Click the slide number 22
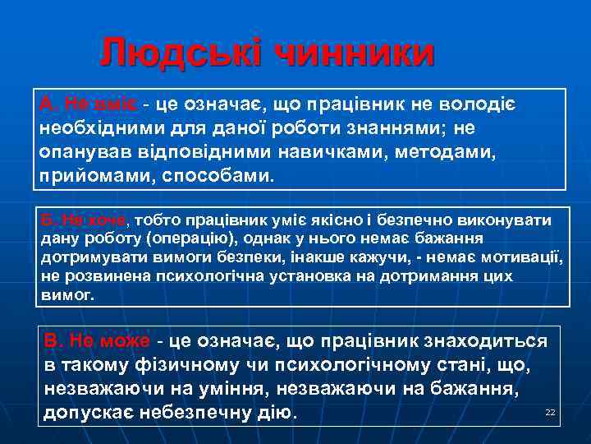point(550,412)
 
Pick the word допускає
point(93,412)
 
